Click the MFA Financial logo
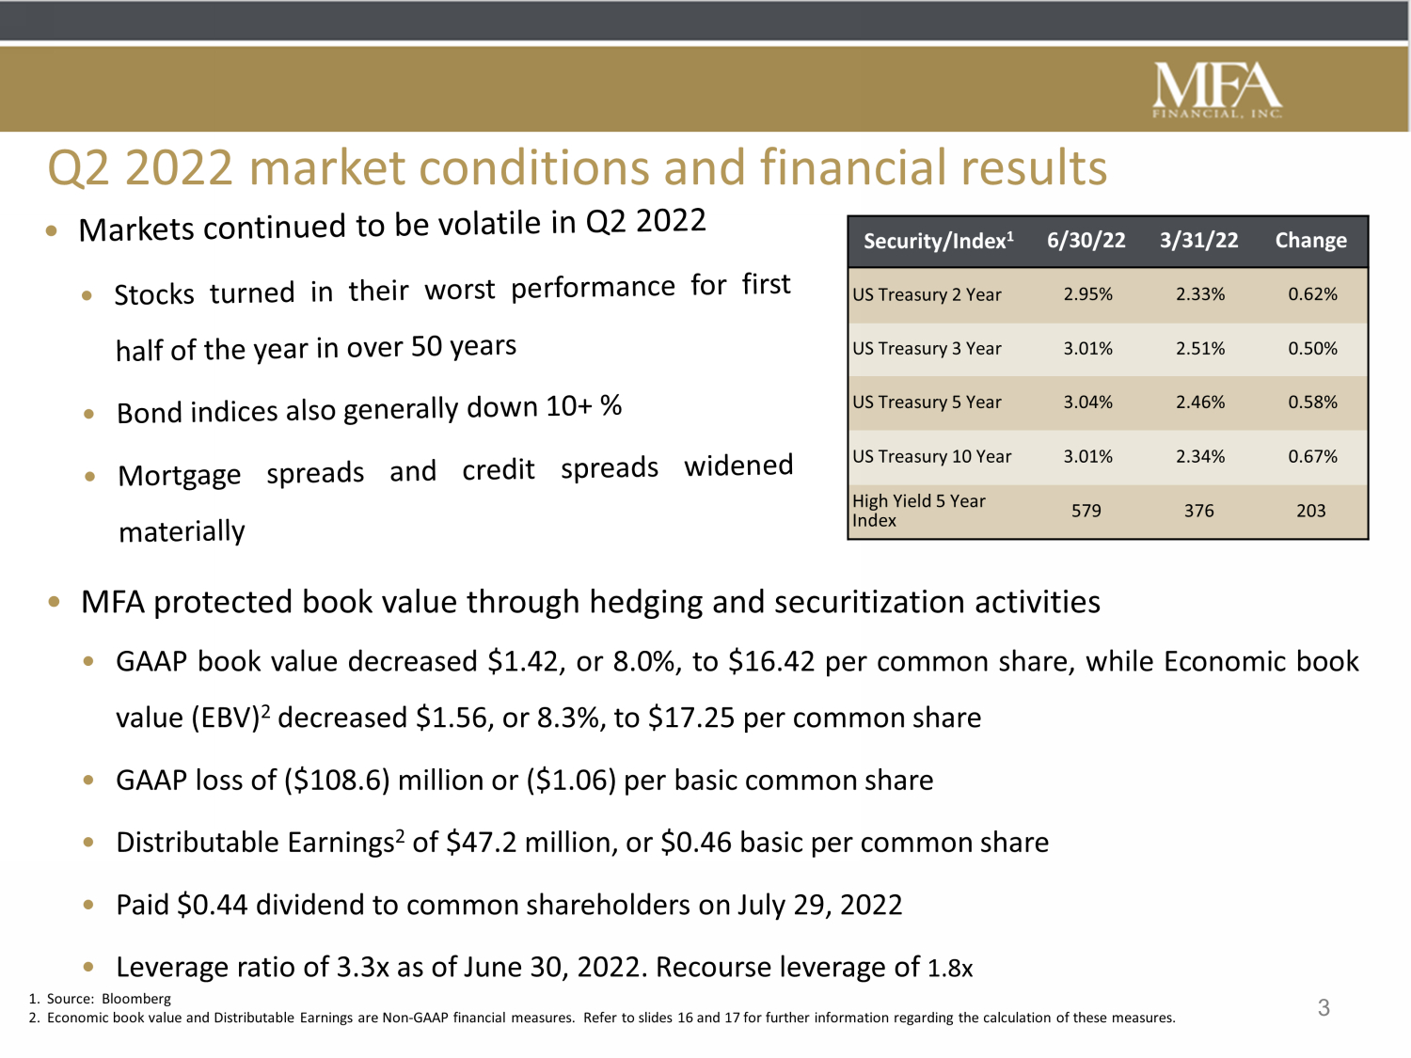(1217, 90)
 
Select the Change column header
(1310, 241)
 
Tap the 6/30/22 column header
(1086, 241)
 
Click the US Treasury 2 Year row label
(927, 294)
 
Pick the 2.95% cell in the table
(1087, 294)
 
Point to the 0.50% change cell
(1312, 349)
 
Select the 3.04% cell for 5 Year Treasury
(1087, 403)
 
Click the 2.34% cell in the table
(1200, 457)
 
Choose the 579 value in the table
(1086, 511)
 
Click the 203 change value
(1310, 511)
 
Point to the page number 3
(1324, 1008)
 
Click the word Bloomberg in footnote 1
(136, 999)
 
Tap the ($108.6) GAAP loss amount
(337, 781)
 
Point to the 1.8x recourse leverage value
(950, 968)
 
